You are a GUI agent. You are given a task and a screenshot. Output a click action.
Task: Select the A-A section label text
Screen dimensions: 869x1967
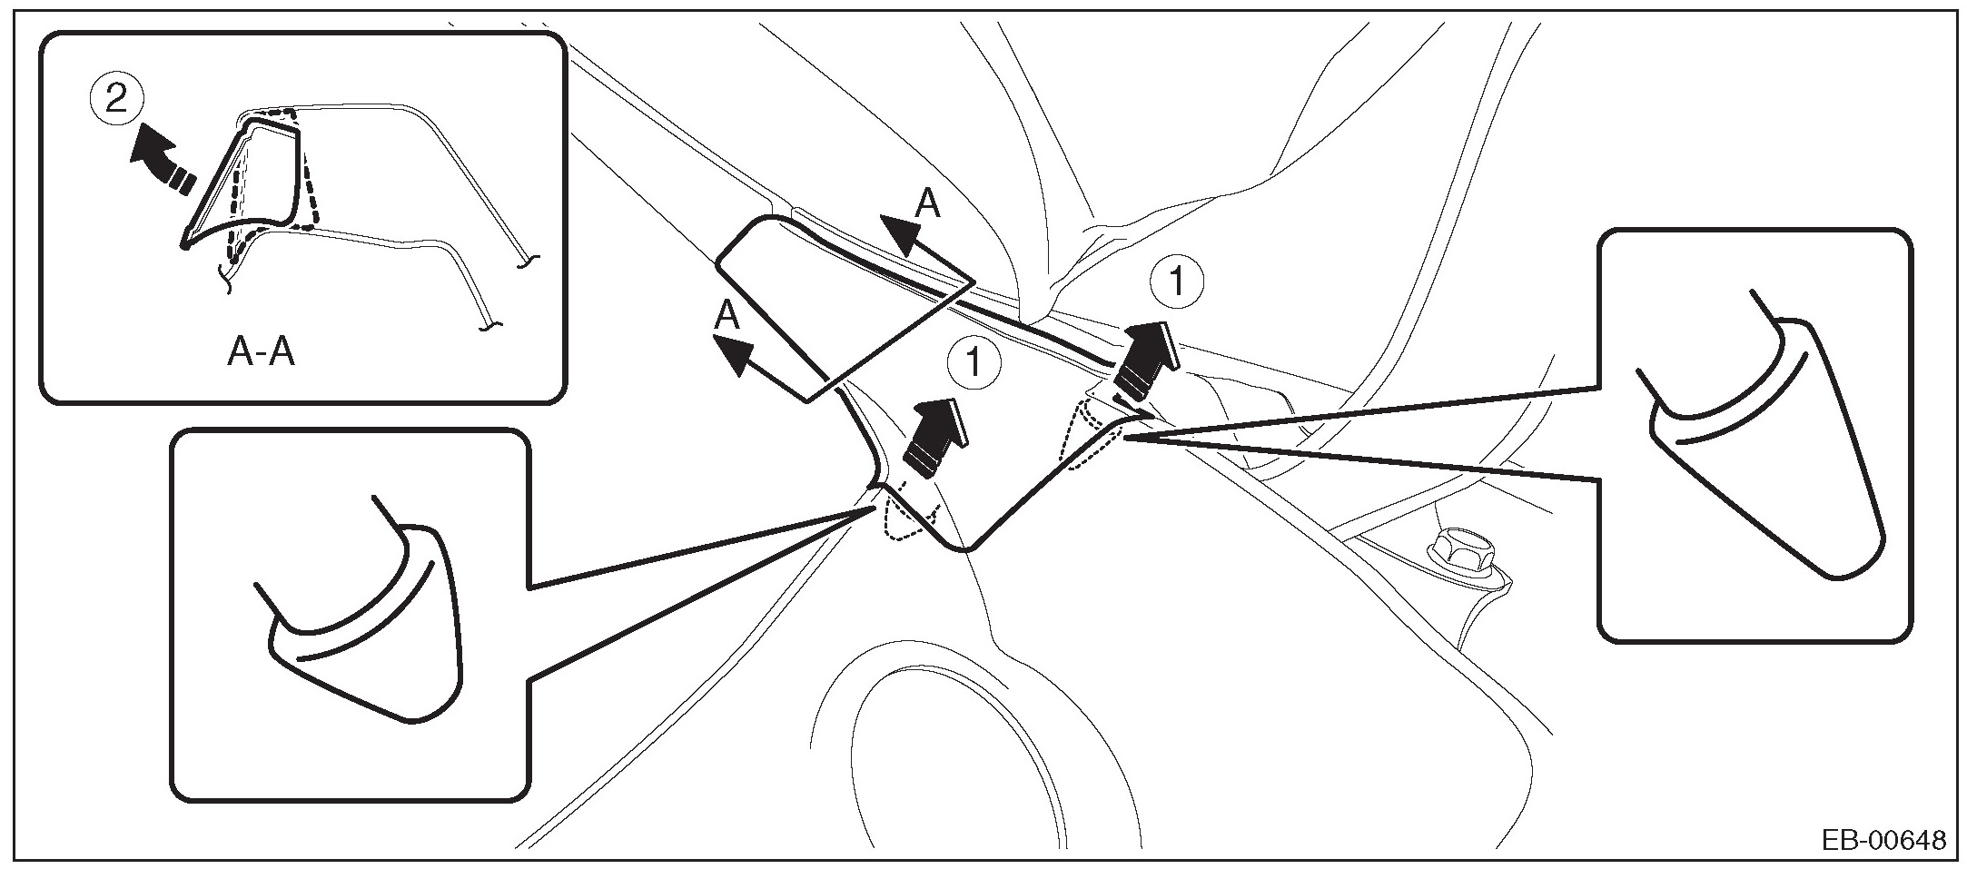pos(262,352)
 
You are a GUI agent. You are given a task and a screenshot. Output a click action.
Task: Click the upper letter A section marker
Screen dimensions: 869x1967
pos(926,204)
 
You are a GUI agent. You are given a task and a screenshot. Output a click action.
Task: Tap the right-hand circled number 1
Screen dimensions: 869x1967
pos(1176,283)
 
